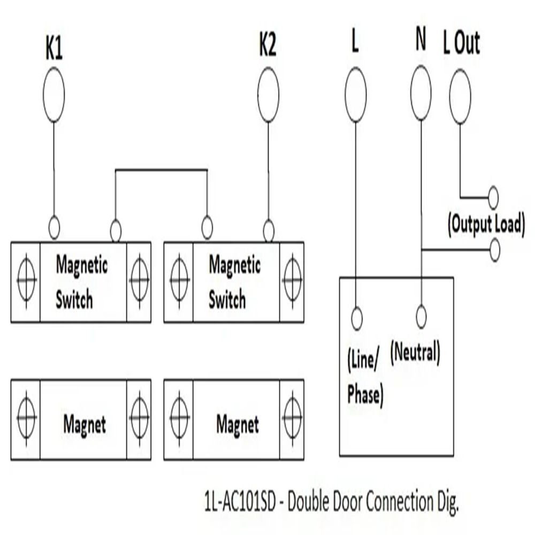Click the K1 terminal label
[53, 50]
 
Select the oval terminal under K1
[53, 95]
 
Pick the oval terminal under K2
[268, 95]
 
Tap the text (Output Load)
[485, 224]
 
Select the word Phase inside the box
[365, 394]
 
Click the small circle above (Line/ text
[356, 319]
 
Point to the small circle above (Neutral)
[421, 317]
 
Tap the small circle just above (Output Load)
[493, 198]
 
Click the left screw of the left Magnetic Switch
[26, 281]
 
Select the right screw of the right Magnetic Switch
[292, 281]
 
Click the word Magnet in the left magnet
[85, 425]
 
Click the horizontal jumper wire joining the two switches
[161, 170]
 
